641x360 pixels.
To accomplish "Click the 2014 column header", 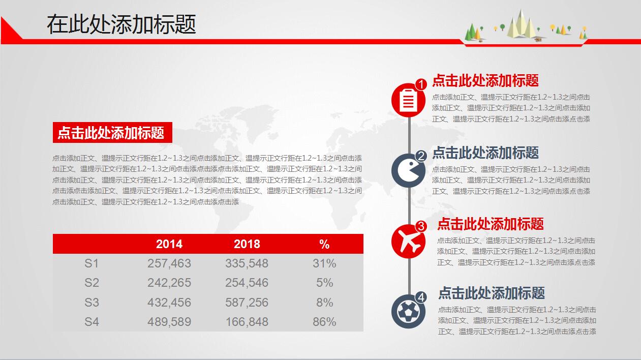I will (x=169, y=244).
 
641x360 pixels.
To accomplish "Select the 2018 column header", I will (x=247, y=244).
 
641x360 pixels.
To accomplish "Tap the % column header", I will (x=325, y=244).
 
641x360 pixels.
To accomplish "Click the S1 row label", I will (x=91, y=263).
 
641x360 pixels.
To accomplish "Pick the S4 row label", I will (x=91, y=322).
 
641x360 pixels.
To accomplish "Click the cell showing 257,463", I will (x=169, y=263).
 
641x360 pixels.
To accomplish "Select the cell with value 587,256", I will (x=247, y=303).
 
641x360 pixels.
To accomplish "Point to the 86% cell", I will (x=325, y=322).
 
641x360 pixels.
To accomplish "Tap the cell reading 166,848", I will (x=247, y=322).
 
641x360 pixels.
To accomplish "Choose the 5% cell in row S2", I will (x=325, y=283).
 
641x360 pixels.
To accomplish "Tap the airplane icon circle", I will (x=408, y=242).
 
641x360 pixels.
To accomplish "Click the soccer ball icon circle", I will (x=408, y=311).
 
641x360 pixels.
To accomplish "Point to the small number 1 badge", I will (x=421, y=84).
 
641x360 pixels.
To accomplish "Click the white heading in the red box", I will (x=112, y=133).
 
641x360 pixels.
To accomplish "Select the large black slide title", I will (x=121, y=24).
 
